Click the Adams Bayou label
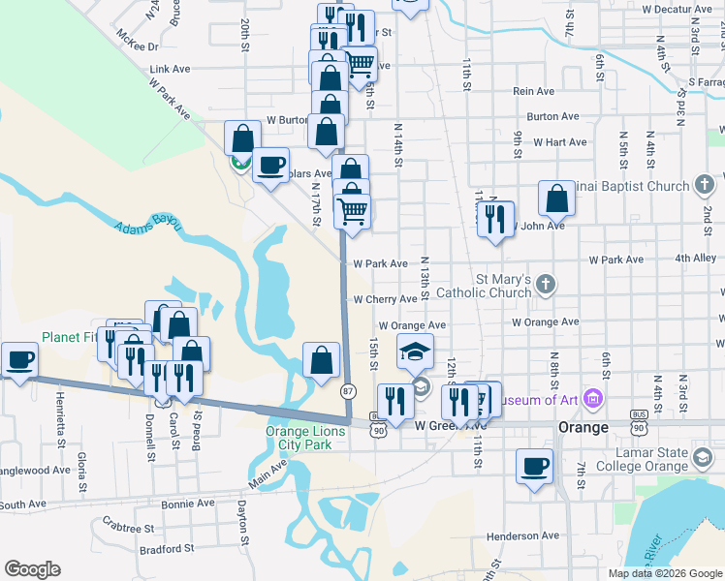pyautogui.click(x=148, y=226)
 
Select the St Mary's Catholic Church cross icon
pyautogui.click(x=546, y=284)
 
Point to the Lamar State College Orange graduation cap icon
pyautogui.click(x=702, y=457)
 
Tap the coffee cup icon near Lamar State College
pyautogui.click(x=534, y=466)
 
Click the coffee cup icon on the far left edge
pyautogui.click(x=19, y=359)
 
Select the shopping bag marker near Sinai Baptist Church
pyautogui.click(x=556, y=199)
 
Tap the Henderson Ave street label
pyautogui.click(x=522, y=535)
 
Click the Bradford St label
pyautogui.click(x=167, y=549)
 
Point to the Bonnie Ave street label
pyautogui.click(x=188, y=504)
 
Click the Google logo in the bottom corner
pyautogui.click(x=32, y=569)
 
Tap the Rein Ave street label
pyautogui.click(x=533, y=91)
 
